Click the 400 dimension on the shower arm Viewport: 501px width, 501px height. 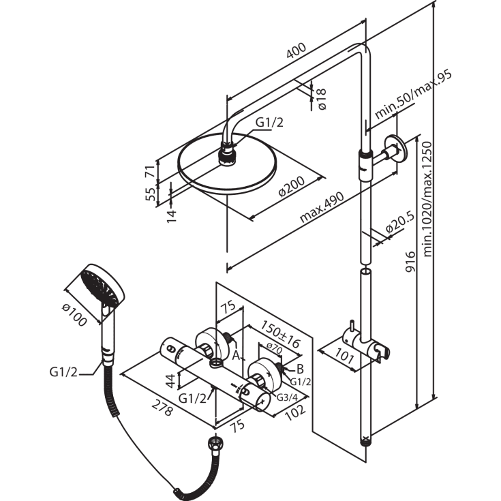[x=297, y=50]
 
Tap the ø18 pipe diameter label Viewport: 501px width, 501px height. [x=321, y=100]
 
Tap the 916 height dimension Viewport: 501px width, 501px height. [x=410, y=262]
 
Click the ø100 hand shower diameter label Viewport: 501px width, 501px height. [x=74, y=315]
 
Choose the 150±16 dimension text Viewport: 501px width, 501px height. [x=281, y=334]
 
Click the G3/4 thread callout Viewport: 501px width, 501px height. [x=287, y=397]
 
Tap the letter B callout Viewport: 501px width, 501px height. [x=300, y=369]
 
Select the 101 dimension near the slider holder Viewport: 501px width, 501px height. [x=344, y=355]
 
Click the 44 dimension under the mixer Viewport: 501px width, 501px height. [x=170, y=380]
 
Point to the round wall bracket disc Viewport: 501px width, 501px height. [x=396, y=149]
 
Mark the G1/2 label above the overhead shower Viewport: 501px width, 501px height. [x=270, y=123]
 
